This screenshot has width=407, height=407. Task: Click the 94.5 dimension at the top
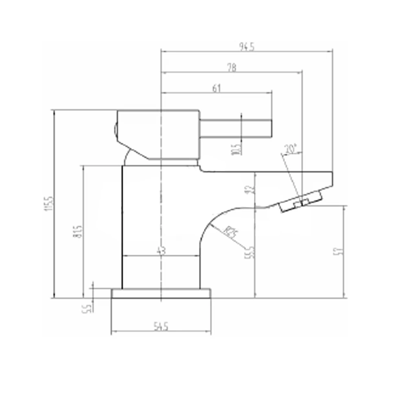tap(247, 47)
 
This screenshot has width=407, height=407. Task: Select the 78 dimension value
tap(232, 68)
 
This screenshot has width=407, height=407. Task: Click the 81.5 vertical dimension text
tap(79, 232)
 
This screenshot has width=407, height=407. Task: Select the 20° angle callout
tap(291, 149)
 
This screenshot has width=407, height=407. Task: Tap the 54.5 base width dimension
tap(161, 326)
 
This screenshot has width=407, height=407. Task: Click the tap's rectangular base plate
tap(161, 293)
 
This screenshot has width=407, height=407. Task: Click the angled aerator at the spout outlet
tap(300, 202)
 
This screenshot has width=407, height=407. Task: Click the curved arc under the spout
tap(212, 222)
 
